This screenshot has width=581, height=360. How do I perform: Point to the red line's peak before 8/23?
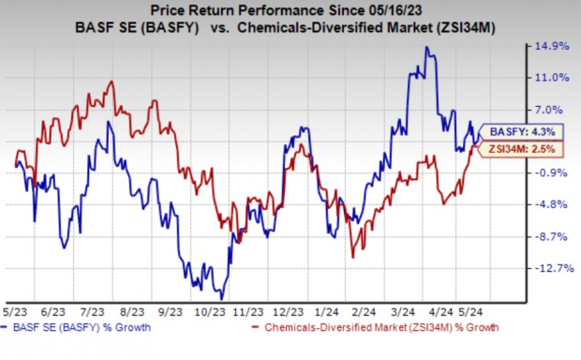(112, 82)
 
